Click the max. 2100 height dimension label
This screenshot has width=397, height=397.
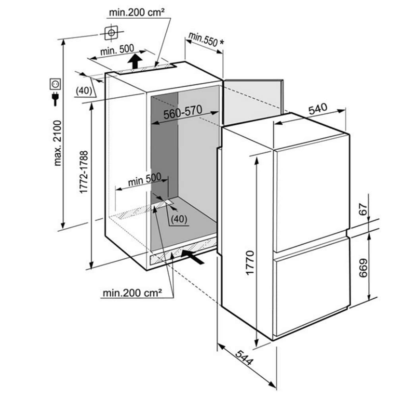point(58,143)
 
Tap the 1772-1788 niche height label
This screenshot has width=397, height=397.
point(84,172)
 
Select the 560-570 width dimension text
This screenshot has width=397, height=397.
point(183,113)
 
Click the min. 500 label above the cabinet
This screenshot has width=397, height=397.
point(117,50)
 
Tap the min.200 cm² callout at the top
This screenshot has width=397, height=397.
point(137,12)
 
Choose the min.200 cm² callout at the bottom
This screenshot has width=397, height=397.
point(132,293)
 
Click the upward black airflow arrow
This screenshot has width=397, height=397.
point(136,61)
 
